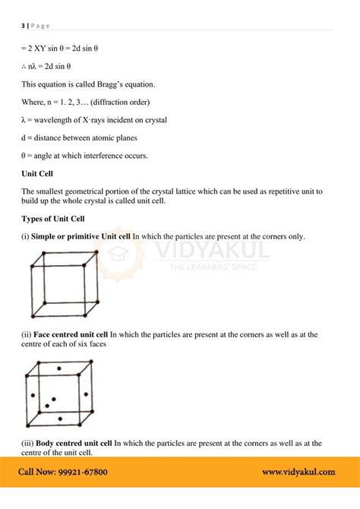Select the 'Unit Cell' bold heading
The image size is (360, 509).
[x=37, y=173]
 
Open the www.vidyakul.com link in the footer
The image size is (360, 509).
[x=298, y=472]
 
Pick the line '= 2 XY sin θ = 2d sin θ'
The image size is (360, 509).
[x=60, y=49]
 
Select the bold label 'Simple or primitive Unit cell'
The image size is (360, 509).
[x=81, y=236]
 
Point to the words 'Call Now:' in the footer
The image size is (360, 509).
[x=35, y=472]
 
